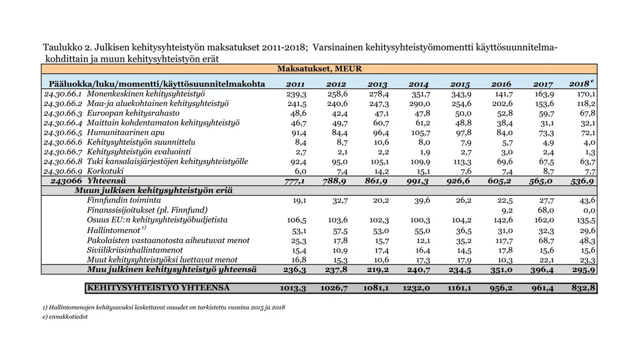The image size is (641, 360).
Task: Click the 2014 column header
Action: (x=419, y=84)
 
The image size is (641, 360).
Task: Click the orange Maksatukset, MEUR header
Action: (x=319, y=69)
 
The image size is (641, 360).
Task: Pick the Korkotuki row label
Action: (x=105, y=172)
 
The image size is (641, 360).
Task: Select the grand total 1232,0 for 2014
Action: (x=420, y=288)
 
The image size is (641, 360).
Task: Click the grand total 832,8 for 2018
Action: (x=584, y=288)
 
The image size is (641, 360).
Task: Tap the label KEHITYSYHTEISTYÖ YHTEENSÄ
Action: (x=158, y=288)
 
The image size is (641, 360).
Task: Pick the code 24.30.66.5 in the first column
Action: (x=63, y=133)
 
